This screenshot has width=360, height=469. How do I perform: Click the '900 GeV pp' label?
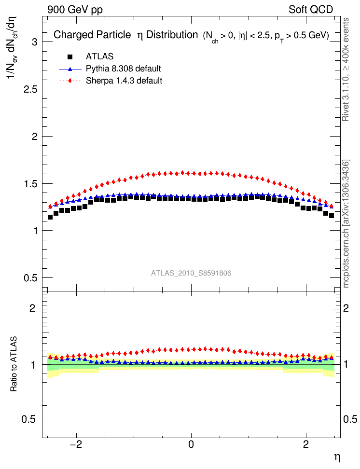tap(75, 9)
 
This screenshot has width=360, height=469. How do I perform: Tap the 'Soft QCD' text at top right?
tap(311, 9)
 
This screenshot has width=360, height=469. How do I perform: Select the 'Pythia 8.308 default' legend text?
tap(123, 69)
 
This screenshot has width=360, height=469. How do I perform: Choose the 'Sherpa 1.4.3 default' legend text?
tap(124, 81)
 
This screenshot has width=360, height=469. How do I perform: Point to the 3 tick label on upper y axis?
tap(34, 42)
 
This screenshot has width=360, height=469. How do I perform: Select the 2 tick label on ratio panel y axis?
tap(34, 308)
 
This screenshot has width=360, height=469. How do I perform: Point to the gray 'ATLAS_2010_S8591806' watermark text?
tap(191, 273)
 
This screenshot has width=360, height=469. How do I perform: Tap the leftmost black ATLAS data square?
tap(50, 217)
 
